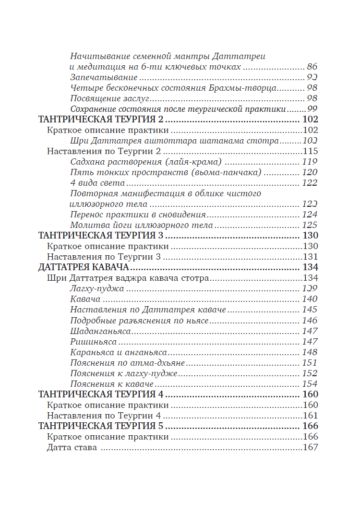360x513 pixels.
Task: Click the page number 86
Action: (x=312, y=67)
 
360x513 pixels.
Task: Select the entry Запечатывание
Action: (x=104, y=77)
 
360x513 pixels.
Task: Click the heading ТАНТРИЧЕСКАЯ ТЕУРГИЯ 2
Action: (x=101, y=119)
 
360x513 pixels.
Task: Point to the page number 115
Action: (x=310, y=151)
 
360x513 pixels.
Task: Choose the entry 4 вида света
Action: (x=97, y=183)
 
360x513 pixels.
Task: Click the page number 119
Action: (x=310, y=162)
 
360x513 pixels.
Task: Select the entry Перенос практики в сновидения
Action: (x=138, y=215)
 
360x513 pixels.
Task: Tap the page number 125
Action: (x=310, y=225)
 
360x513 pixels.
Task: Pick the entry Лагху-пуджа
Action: (x=97, y=288)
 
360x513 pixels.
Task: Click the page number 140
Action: (x=310, y=299)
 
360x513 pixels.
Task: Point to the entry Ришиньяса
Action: (x=93, y=341)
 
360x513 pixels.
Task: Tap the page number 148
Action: (x=310, y=352)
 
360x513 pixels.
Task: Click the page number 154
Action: (x=310, y=384)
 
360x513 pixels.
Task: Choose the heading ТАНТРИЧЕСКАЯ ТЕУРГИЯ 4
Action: (x=101, y=394)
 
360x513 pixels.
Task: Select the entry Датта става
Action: (x=72, y=448)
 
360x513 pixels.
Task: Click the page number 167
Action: (x=311, y=448)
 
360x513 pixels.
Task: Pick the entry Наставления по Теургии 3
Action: (x=104, y=257)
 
